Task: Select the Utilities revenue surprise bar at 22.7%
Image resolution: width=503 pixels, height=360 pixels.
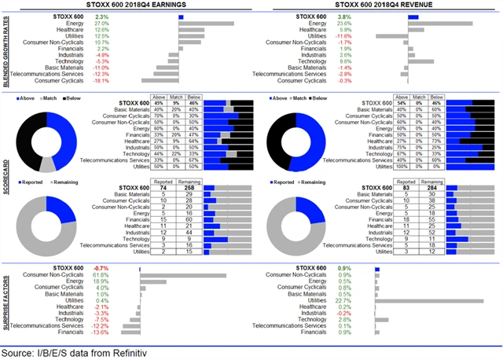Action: coord(429,300)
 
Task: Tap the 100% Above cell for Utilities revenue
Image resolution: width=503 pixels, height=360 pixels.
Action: coord(401,167)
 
